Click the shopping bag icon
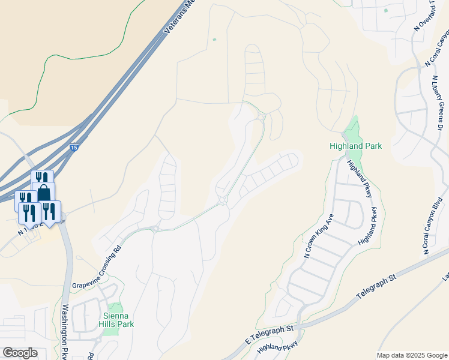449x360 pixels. point(44,193)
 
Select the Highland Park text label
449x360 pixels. point(355,146)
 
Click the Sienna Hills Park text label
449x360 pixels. point(117,320)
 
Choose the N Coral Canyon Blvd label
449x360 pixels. point(436,224)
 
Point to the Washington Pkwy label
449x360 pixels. point(65,332)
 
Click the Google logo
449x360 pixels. point(20,353)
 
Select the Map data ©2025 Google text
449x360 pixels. point(411,355)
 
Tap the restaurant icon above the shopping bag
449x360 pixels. point(41,178)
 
